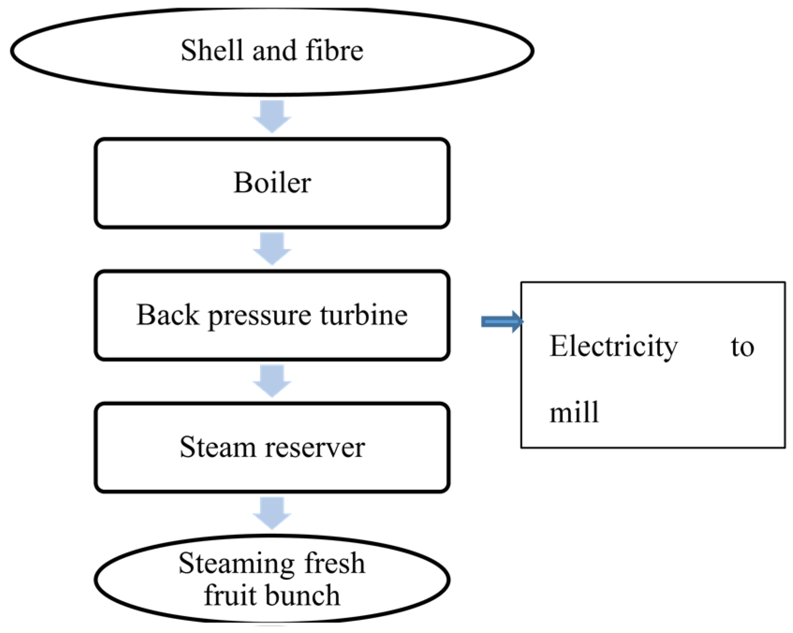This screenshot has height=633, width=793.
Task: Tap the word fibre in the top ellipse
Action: pos(334,50)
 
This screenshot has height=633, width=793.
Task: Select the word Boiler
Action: pos(272,182)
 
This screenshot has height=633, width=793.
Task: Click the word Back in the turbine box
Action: pos(168,314)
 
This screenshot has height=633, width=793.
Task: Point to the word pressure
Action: pos(261,317)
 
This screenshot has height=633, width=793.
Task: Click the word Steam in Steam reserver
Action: pos(218,447)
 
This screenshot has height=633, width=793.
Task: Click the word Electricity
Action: pos(614,348)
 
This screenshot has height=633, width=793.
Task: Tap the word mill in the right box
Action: pos(574,412)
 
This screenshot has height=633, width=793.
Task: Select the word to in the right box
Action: pos(742,348)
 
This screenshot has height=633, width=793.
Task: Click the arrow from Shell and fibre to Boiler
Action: pos(272,116)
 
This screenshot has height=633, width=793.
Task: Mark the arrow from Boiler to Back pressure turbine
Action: pos(272,249)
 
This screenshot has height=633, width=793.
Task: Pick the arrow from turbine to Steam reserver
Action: pos(272,381)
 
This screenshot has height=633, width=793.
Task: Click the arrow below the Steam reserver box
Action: pos(272,514)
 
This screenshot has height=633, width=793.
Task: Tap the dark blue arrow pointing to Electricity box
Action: pos(502,321)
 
